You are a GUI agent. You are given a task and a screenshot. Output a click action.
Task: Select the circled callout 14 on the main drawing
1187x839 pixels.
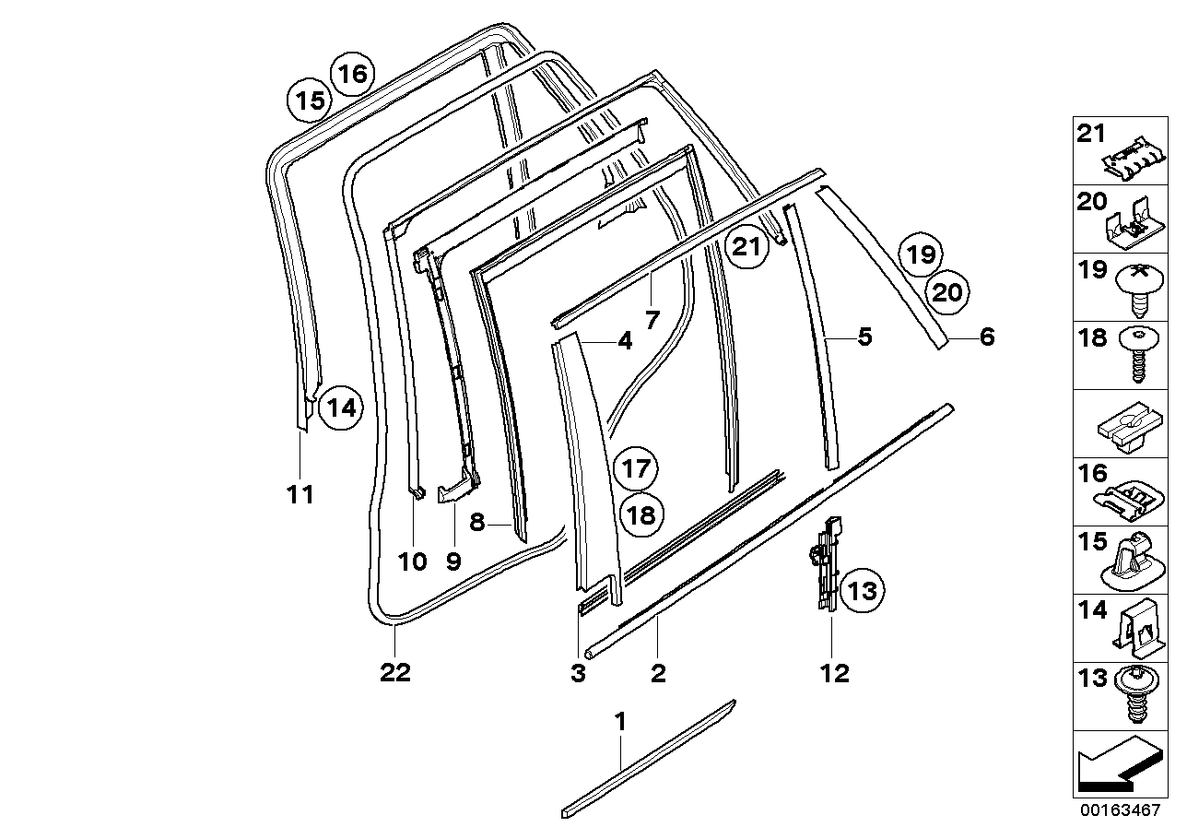[341, 408]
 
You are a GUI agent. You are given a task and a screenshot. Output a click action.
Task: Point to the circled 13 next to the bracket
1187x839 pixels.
[862, 590]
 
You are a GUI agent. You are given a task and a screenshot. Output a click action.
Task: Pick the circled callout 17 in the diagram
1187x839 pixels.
[637, 468]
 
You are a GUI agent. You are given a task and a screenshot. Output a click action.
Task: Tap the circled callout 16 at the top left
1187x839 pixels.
[352, 72]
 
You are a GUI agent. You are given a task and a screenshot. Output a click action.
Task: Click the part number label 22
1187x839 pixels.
[395, 673]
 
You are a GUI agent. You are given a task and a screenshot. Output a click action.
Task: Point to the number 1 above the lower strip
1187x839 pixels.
[620, 721]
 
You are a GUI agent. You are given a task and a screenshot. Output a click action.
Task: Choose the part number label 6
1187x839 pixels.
[987, 337]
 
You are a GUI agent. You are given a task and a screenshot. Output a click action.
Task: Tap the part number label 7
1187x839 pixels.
[652, 321]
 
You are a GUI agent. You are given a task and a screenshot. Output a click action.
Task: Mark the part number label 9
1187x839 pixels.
[453, 561]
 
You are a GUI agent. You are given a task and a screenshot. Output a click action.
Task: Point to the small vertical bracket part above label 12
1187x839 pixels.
[829, 562]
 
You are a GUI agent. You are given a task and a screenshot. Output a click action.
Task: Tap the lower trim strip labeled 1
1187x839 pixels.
[650, 758]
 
